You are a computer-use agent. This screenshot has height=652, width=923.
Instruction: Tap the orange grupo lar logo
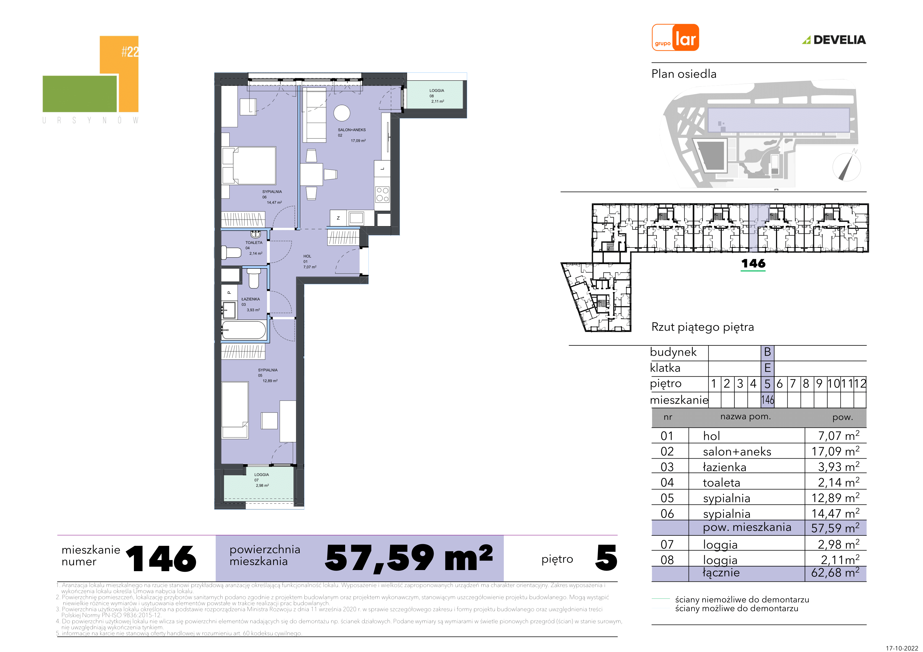click(x=675, y=37)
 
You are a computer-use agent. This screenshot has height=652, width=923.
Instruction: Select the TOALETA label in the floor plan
click(x=254, y=248)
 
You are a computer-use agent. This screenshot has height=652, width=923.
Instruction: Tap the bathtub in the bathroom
click(x=244, y=330)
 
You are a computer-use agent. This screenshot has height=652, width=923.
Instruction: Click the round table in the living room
click(x=342, y=113)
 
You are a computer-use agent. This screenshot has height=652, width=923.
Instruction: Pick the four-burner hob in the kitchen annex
click(x=382, y=195)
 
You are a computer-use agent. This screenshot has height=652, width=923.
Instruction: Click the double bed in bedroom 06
click(x=249, y=166)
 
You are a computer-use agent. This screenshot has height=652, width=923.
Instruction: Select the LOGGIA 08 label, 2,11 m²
click(x=437, y=96)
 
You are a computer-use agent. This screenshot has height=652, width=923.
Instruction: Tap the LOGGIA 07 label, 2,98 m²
click(x=262, y=480)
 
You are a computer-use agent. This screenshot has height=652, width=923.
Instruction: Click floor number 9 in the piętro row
click(x=819, y=384)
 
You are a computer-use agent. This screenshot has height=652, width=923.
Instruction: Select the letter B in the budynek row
click(x=767, y=352)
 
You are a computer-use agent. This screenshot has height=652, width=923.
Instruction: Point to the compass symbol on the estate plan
click(x=847, y=166)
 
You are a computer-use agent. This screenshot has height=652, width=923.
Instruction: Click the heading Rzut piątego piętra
click(x=703, y=327)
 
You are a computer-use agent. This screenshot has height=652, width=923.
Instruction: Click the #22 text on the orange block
click(x=130, y=51)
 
